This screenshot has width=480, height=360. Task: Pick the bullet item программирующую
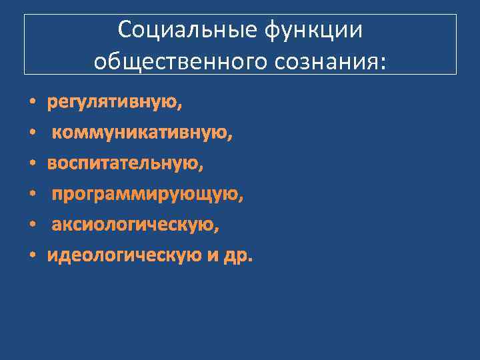point(147,195)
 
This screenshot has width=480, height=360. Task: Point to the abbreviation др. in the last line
point(239,257)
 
